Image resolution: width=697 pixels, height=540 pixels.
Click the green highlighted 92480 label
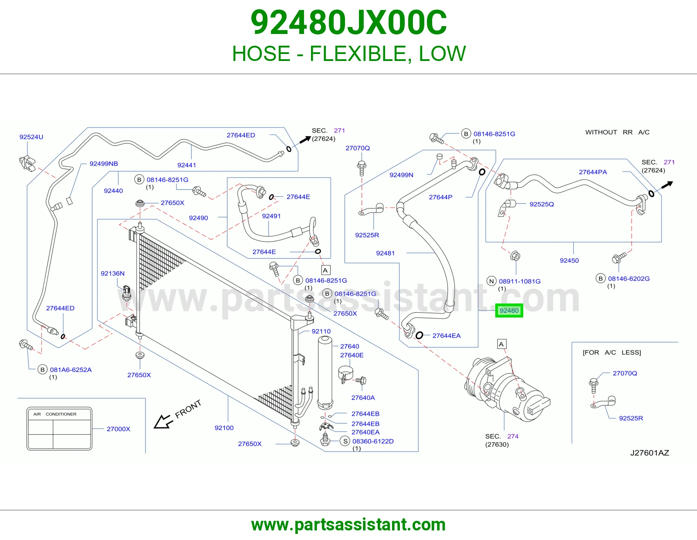[x=509, y=310]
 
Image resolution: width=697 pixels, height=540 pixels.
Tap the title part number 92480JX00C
[x=348, y=23]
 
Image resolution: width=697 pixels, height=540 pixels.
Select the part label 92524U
[x=31, y=137]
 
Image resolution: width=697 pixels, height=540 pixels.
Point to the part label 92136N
[x=112, y=273]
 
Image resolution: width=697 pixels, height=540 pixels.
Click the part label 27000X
[x=118, y=429]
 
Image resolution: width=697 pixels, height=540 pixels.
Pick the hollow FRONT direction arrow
[x=163, y=422]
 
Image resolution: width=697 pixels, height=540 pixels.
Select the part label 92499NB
[x=104, y=164]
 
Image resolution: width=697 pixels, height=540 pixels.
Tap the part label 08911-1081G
[x=520, y=281]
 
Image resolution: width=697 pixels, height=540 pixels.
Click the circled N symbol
[x=491, y=281]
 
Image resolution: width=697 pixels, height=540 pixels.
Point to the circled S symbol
[x=345, y=441]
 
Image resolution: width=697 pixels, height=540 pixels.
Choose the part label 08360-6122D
[x=373, y=441]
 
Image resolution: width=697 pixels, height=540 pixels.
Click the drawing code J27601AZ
[x=650, y=453]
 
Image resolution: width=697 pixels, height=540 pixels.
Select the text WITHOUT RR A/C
[x=617, y=132]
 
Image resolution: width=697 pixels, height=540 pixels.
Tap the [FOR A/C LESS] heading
[x=612, y=352]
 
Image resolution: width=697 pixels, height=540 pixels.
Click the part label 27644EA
[x=447, y=336]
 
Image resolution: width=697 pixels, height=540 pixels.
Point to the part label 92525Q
[x=542, y=204]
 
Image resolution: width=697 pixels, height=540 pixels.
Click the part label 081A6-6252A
[x=71, y=370]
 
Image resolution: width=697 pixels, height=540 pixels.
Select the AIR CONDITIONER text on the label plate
[x=55, y=414]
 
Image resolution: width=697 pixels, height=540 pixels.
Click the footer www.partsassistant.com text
[x=348, y=525]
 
